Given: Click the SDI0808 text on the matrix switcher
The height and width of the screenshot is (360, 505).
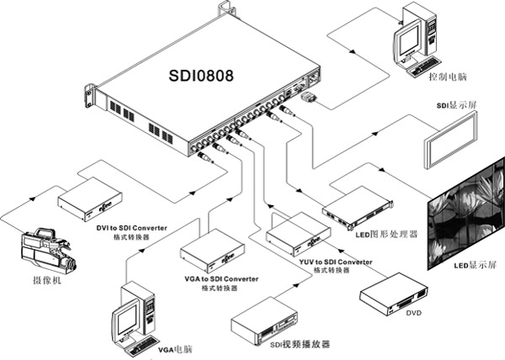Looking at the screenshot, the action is [x=201, y=76].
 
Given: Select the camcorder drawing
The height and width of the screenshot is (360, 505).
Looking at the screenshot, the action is [x=49, y=251].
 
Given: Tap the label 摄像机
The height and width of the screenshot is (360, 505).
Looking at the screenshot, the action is [x=47, y=281].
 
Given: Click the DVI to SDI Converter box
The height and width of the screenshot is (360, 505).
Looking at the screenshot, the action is [x=90, y=199].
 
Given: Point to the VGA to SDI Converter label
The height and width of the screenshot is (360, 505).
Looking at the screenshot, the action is [x=221, y=279].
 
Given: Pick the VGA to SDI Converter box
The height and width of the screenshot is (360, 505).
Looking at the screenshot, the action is [x=212, y=251].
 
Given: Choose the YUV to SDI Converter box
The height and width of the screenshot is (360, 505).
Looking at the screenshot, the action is [x=298, y=234].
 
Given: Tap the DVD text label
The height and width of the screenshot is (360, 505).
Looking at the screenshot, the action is [x=413, y=313].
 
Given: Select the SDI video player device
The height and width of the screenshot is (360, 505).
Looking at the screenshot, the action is [x=263, y=320].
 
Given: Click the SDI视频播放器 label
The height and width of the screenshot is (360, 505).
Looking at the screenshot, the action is [x=300, y=345].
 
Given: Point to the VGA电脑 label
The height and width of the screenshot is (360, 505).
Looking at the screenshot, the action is [x=175, y=349].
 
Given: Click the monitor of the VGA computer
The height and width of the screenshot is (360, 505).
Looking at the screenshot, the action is [x=126, y=320].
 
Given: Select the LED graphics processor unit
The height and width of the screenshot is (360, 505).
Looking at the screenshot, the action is [x=358, y=208].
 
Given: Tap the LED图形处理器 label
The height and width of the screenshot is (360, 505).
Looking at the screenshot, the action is [x=386, y=234].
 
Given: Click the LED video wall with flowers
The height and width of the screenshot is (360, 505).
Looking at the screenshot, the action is [x=466, y=214].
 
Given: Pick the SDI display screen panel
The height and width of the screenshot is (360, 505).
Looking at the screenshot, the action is [x=450, y=140].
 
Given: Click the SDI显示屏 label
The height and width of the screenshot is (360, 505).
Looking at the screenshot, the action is [x=456, y=105].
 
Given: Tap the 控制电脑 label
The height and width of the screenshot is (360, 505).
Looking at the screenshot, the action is [x=448, y=77].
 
